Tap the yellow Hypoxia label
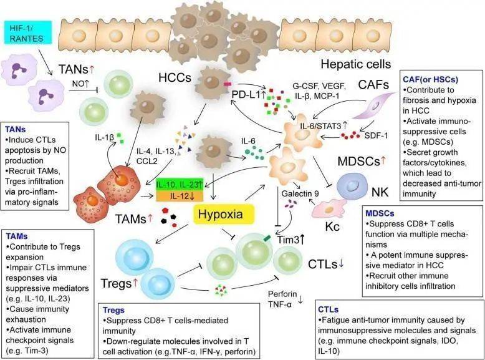pyautogui.click(x=225, y=215)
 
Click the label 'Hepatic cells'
pyautogui.click(x=355, y=64)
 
